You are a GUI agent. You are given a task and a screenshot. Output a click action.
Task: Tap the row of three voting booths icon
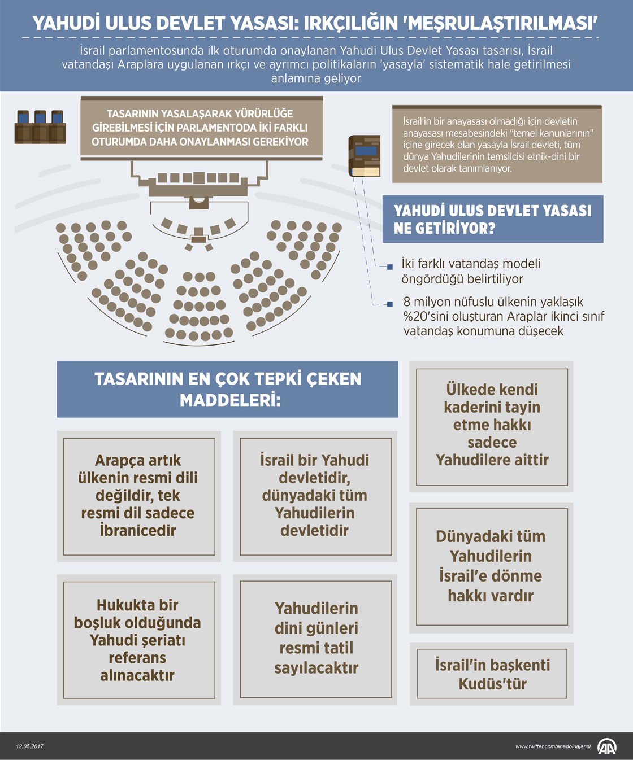(40, 126)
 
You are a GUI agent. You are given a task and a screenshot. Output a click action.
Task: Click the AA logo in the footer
(608, 746)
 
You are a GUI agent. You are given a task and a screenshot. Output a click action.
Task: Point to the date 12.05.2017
(30, 746)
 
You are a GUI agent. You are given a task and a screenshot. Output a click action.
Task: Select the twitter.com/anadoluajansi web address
(553, 746)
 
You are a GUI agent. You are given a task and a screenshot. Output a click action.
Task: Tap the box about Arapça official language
(138, 496)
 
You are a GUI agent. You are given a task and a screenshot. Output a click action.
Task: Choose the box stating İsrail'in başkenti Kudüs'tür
(492, 674)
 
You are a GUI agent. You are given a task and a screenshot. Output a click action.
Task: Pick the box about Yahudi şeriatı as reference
(138, 640)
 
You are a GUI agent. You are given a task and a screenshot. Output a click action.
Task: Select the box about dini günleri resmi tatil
(315, 638)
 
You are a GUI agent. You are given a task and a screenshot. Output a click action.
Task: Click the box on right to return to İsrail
(491, 566)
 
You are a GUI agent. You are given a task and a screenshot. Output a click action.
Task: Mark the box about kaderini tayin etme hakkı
(491, 425)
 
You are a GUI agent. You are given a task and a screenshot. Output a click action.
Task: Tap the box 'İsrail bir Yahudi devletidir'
(315, 496)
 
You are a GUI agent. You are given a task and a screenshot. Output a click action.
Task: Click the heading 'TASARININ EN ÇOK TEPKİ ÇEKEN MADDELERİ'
(227, 389)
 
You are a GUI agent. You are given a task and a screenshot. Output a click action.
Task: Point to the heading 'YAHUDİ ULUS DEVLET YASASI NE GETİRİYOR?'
(492, 219)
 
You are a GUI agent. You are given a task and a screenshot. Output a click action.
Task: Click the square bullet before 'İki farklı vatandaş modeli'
(389, 267)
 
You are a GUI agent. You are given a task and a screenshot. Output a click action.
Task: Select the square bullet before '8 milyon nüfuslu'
(389, 304)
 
